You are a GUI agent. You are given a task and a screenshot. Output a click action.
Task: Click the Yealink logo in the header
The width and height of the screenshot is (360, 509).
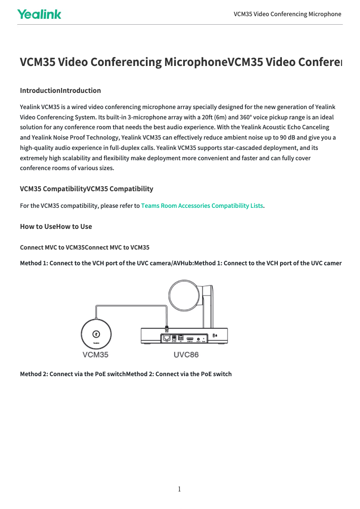click(x=39, y=14)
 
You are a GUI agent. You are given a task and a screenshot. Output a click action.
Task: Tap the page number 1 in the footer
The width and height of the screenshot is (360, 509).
click(x=180, y=489)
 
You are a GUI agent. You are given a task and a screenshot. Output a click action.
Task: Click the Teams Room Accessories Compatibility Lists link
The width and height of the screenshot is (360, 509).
click(x=202, y=206)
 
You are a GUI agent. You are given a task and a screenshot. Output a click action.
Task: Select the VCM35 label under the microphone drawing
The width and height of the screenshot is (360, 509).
click(x=95, y=355)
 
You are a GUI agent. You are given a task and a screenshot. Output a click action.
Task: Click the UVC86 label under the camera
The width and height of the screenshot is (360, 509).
click(x=186, y=355)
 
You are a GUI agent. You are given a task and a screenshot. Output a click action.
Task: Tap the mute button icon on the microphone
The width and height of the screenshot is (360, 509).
click(x=96, y=334)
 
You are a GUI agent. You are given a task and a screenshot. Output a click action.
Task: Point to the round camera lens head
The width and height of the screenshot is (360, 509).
click(x=184, y=296)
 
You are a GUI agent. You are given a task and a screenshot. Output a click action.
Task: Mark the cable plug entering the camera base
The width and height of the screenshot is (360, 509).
click(x=167, y=329)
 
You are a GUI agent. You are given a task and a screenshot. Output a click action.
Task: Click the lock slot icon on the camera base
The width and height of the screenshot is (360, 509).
click(x=215, y=335)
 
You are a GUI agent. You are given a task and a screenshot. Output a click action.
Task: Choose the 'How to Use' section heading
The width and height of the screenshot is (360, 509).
click(x=56, y=226)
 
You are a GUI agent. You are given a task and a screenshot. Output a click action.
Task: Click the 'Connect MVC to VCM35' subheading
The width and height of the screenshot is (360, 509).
click(x=85, y=247)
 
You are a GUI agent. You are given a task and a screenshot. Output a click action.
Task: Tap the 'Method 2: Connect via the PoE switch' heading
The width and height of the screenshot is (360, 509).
click(x=126, y=373)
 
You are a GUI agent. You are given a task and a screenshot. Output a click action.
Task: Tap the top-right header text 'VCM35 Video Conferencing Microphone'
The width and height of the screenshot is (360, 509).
click(x=287, y=14)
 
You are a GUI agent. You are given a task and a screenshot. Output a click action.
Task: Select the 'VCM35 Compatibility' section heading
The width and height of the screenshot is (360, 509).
click(x=86, y=189)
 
